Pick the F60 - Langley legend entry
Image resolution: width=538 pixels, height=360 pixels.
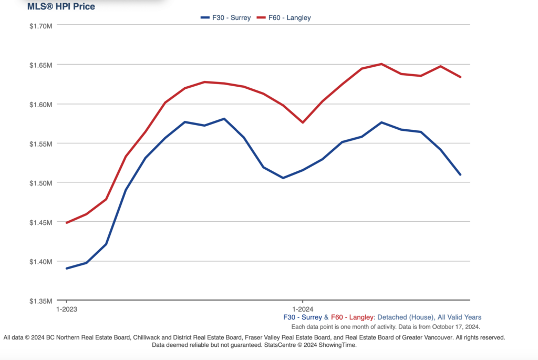coord(288,17)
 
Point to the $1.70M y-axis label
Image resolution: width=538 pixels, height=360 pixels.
coord(40,25)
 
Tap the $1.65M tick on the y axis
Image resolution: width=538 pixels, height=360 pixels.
coord(40,65)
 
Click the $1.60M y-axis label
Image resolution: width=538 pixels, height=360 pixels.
coord(40,104)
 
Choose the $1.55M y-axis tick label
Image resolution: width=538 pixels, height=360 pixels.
coord(40,143)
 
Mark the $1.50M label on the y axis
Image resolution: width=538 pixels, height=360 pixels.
coord(40,183)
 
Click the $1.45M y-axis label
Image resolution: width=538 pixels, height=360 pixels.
coord(40,222)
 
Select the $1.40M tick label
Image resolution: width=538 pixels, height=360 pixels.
coord(40,262)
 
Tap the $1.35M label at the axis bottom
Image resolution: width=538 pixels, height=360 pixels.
coord(40,301)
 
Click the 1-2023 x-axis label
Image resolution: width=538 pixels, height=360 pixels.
coord(67,309)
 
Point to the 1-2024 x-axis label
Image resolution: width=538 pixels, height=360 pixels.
coord(303,309)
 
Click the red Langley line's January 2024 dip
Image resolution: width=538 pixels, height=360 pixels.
coord(303,122)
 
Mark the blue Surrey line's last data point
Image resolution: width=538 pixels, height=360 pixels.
coord(460,174)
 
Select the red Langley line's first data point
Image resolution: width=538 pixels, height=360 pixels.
coord(67,223)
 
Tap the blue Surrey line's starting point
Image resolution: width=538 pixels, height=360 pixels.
coord(67,269)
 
